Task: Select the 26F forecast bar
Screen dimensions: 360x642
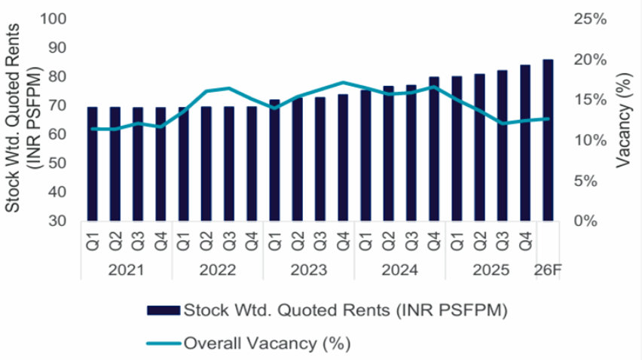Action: (548, 140)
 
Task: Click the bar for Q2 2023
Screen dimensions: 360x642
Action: (297, 159)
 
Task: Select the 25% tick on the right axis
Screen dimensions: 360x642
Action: (589, 19)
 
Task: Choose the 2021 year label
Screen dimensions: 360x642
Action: (126, 269)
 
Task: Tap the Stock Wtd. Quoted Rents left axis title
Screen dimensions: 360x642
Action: (23, 121)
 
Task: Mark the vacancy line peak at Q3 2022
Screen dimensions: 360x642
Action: (229, 88)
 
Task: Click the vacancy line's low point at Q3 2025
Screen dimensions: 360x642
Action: (503, 124)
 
